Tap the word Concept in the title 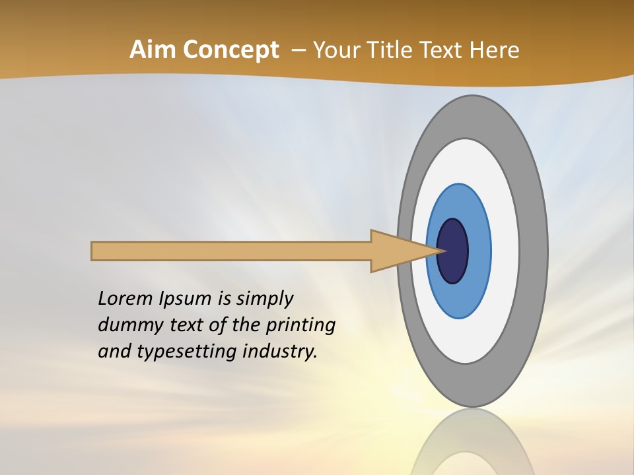(231, 50)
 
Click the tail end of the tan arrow (94, 251)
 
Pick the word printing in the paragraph (301, 325)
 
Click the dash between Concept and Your (298, 51)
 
